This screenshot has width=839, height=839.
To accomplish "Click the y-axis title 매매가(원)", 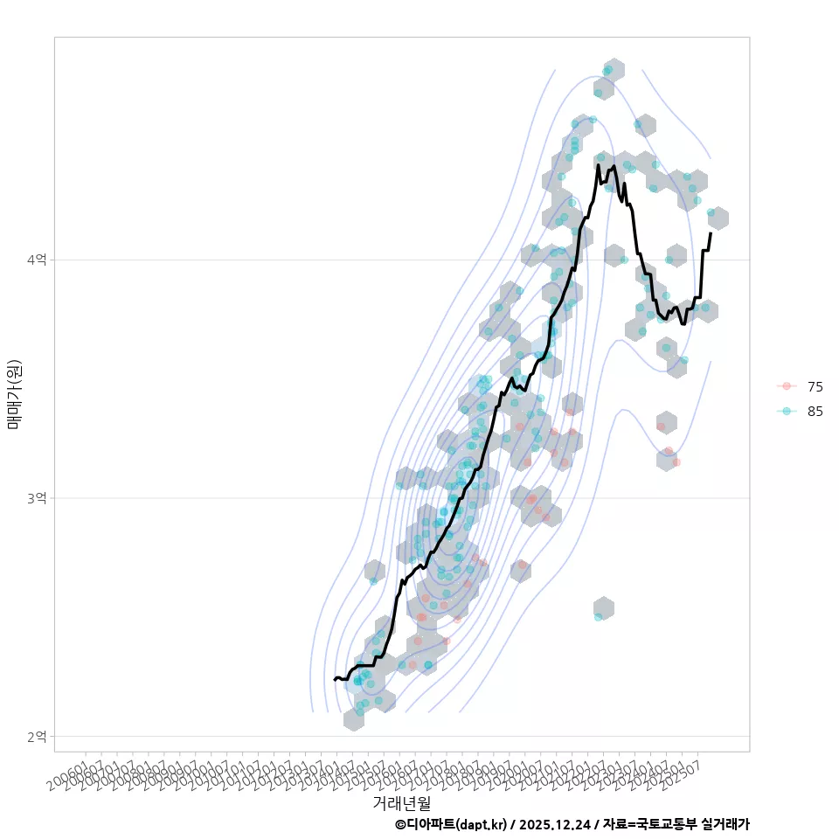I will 15,394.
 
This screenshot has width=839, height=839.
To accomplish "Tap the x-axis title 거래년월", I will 402,802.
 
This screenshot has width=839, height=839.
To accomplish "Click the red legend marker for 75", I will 787,386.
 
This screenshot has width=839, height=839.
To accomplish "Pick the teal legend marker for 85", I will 787,412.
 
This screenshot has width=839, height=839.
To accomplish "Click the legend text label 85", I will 815,412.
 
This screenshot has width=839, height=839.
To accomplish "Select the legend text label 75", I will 815,386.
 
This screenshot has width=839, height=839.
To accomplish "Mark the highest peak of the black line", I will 598,164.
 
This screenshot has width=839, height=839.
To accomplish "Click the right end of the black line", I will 711,233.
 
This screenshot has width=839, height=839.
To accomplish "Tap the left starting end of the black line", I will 335,679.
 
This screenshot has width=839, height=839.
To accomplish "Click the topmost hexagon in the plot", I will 614,69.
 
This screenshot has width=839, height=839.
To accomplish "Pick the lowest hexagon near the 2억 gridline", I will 354,719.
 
